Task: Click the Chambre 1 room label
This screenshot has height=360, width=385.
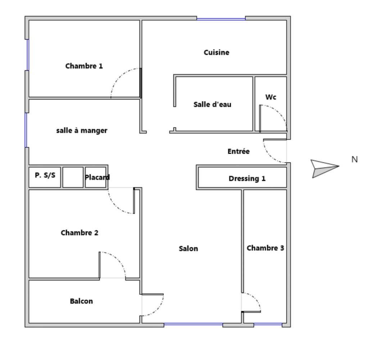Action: tap(84, 66)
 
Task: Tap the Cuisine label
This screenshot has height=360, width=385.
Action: tap(217, 52)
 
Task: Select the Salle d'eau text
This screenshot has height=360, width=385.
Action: tap(212, 104)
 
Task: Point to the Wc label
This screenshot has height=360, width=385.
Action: tap(271, 97)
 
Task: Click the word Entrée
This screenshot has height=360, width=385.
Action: tap(239, 151)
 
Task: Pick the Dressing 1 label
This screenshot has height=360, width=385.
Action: tap(247, 179)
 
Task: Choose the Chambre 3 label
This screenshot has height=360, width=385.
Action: tap(265, 248)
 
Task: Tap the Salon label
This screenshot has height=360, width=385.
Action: tap(188, 248)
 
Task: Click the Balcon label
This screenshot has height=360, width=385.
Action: tap(81, 301)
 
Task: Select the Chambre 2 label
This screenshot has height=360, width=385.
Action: tap(80, 233)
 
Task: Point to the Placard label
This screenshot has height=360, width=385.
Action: tap(97, 177)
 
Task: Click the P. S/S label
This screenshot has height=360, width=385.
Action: tap(45, 175)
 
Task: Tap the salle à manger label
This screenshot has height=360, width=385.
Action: tap(82, 130)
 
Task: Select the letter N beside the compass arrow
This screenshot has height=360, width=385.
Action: tap(354, 159)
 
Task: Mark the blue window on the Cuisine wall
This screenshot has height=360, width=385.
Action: tap(221, 19)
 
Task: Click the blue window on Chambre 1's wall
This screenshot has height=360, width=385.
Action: tap(28, 55)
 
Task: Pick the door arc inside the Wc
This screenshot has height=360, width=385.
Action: tap(276, 113)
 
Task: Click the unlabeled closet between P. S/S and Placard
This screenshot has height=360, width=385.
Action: tap(73, 177)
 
